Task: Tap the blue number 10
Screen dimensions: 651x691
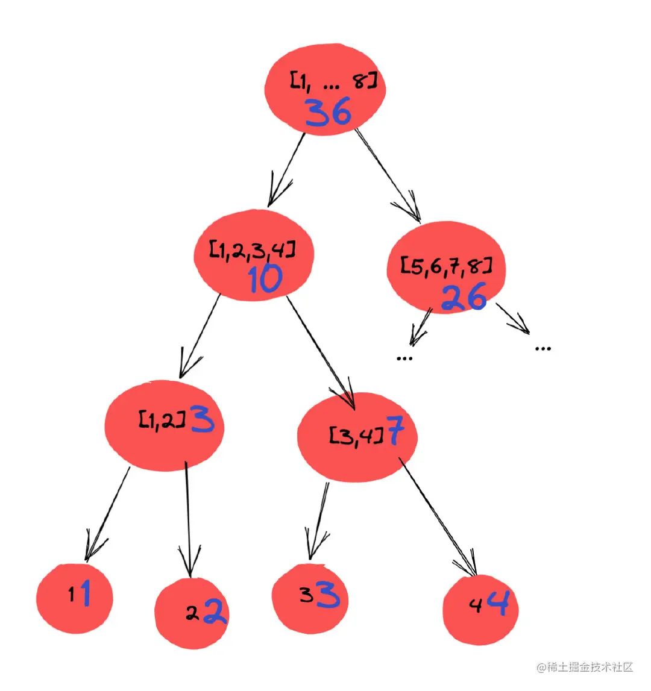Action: tap(265, 279)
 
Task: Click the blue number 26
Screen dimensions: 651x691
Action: tap(463, 297)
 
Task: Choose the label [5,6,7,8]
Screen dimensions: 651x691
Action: tap(446, 265)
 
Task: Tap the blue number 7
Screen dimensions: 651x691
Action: tap(395, 431)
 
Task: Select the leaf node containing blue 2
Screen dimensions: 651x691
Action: tap(192, 614)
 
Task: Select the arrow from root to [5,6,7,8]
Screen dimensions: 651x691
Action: tap(388, 175)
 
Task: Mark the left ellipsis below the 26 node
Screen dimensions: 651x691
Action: tap(404, 358)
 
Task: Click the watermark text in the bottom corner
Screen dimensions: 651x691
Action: tap(585, 667)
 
